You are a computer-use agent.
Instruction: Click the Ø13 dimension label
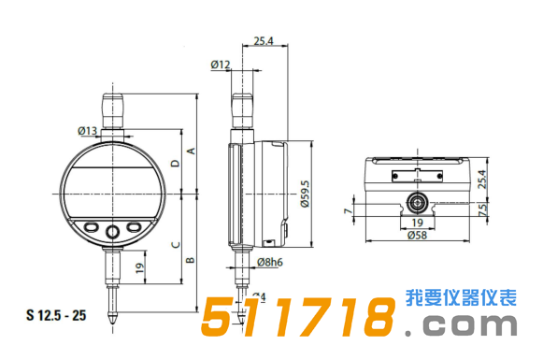88,130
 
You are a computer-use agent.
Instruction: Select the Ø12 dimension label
221,65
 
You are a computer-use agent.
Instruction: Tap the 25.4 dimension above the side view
263,41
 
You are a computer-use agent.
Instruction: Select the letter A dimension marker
190,151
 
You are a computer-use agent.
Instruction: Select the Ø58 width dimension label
420,236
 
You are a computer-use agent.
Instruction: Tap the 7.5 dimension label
483,212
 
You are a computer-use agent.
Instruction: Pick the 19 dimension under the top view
418,223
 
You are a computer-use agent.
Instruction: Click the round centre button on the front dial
113,230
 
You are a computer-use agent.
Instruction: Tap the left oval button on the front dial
93,226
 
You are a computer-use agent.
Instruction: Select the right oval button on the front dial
134,226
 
